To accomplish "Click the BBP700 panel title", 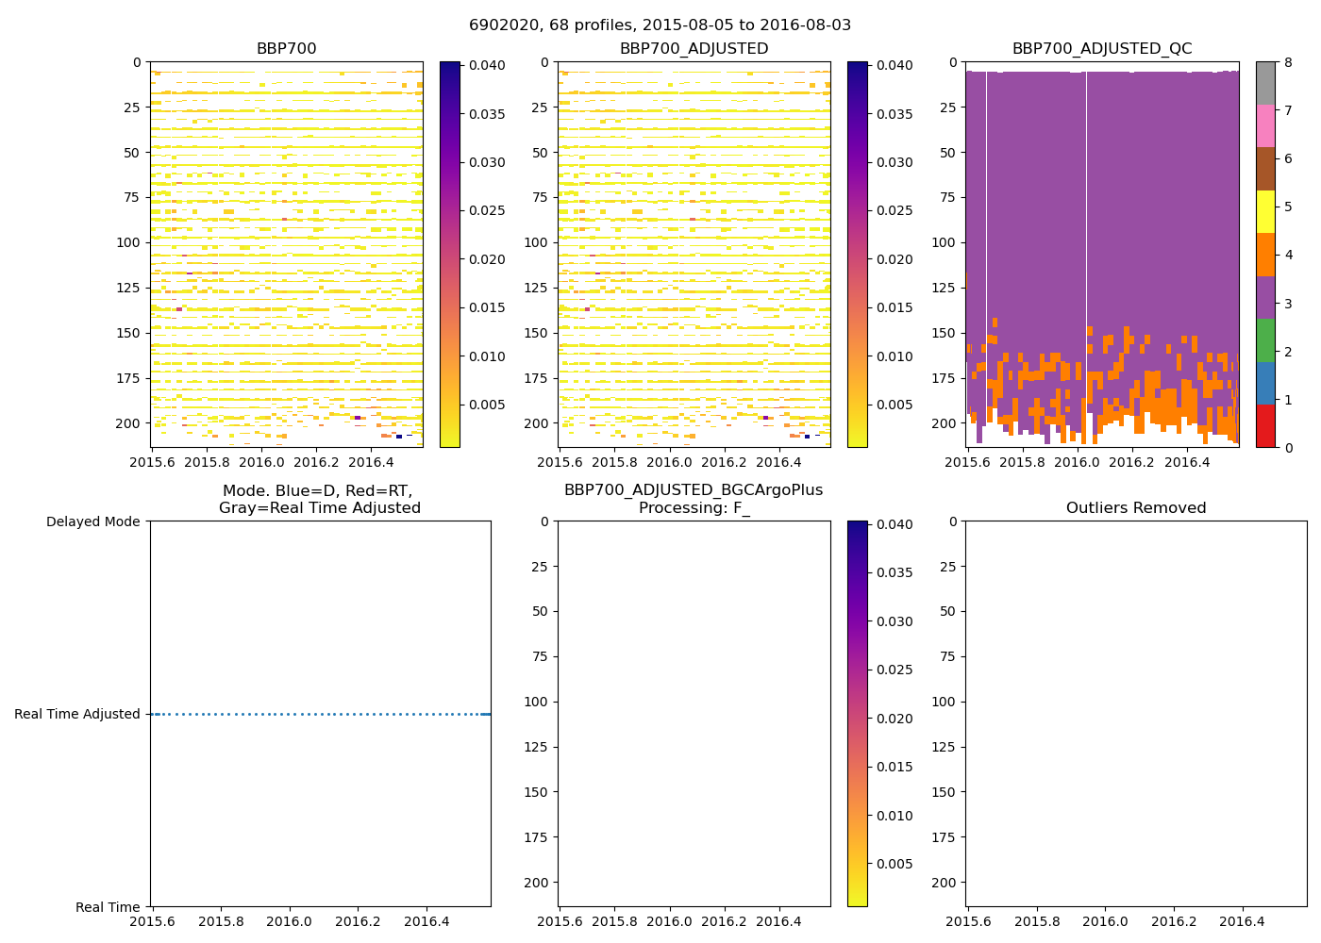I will pyautogui.click(x=286, y=49).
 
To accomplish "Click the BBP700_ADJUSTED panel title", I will pyautogui.click(x=694, y=49).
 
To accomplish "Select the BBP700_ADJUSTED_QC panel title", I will pyautogui.click(x=1101, y=49).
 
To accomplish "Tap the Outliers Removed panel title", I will pyautogui.click(x=1135, y=508).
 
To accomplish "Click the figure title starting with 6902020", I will pyautogui.click(x=660, y=25).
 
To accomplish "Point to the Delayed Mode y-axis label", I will pyautogui.click(x=92, y=521).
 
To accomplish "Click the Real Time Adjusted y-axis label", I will pyautogui.click(x=77, y=715).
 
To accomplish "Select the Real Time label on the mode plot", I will pyautogui.click(x=108, y=907).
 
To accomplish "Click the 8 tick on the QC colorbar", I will pyautogui.click(x=1287, y=63).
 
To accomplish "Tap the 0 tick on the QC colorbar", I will pyautogui.click(x=1287, y=448).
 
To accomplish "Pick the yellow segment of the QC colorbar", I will pyautogui.click(x=1265, y=212).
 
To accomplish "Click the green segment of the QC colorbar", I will pyautogui.click(x=1265, y=340).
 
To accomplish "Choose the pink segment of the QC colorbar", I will pyautogui.click(x=1265, y=125).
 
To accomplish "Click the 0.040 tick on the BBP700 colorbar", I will pyautogui.click(x=487, y=65).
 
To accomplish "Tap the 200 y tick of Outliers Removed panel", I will pyautogui.click(x=945, y=883).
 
